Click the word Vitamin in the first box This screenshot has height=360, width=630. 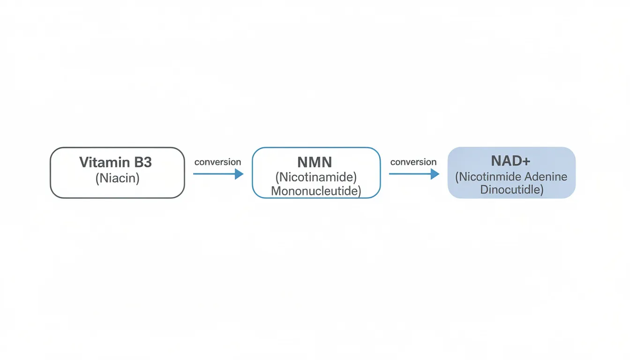(x=105, y=163)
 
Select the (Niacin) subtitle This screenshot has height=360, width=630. (x=117, y=179)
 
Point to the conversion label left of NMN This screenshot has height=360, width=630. (x=217, y=162)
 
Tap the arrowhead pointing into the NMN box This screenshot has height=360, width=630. (x=239, y=174)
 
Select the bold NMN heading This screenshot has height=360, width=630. (x=315, y=163)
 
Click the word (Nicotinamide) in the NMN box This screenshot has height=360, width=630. (x=316, y=177)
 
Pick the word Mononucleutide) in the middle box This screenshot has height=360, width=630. (x=316, y=191)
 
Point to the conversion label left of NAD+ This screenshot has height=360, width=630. (x=413, y=162)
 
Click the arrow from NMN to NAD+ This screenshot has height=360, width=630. (x=410, y=174)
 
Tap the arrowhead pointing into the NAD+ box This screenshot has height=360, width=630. (x=435, y=174)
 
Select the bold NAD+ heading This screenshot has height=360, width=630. (x=510, y=161)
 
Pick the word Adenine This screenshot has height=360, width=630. (x=547, y=177)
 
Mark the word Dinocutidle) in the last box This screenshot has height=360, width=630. (x=511, y=190)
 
